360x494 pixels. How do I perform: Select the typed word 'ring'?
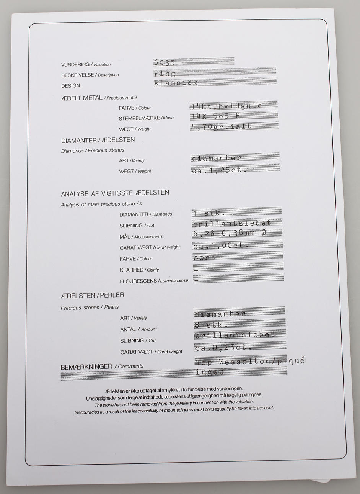coord(165,73)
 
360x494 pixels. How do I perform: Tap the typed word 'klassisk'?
coord(176,83)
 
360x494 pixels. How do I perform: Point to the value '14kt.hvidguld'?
coord(226,106)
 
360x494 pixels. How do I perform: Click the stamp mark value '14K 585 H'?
coord(216,116)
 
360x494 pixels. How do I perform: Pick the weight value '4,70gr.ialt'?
coord(222,126)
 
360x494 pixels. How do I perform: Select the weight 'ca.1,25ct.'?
coord(218,170)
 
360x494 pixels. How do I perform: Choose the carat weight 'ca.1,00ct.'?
coord(221,246)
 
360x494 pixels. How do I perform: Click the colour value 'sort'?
coord(204,257)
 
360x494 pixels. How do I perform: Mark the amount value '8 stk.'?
coord(212,326)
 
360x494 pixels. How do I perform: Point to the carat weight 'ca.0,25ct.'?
coord(223,348)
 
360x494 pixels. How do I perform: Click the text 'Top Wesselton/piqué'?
coord(250,361)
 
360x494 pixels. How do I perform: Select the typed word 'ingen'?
coord(210,371)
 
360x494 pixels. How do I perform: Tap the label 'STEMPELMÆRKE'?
coord(139,118)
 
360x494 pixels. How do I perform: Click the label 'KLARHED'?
coord(131,270)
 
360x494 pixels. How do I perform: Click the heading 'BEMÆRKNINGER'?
coord(86,367)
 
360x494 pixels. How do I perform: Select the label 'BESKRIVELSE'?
coord(77,75)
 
